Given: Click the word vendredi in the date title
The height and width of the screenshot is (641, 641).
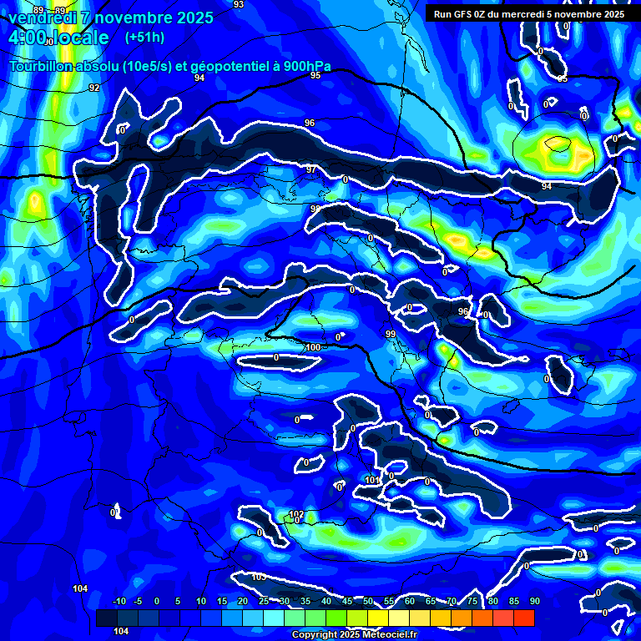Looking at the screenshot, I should [41, 18].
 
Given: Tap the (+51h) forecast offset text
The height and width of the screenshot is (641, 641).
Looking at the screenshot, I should [144, 37].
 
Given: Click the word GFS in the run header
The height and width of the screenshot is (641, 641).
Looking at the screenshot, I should [463, 14].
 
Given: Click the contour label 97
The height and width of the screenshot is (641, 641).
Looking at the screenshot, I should [311, 169].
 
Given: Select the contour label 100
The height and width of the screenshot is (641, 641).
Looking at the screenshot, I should [313, 347].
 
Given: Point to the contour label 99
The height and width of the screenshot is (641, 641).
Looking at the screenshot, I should [390, 334].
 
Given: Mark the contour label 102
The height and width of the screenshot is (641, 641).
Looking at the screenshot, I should [296, 514].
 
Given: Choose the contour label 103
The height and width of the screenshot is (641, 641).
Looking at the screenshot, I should [259, 577].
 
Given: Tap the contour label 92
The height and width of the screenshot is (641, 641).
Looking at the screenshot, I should [94, 88].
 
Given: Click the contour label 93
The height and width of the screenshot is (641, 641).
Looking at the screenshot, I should [239, 4].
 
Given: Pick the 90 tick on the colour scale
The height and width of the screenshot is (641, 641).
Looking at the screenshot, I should [534, 601].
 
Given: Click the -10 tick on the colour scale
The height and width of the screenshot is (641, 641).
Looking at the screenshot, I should [119, 601].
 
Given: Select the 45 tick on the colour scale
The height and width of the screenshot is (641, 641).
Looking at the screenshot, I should [346, 601].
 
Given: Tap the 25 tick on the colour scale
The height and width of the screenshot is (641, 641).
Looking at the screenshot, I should [264, 601].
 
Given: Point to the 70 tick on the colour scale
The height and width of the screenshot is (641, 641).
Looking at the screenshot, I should [451, 601].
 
